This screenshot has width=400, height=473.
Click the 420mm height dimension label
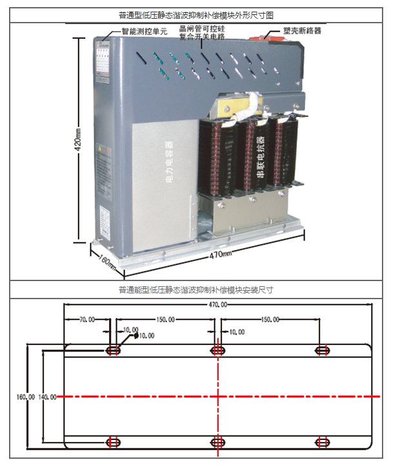(x=78, y=139)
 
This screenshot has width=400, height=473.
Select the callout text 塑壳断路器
(x=302, y=30)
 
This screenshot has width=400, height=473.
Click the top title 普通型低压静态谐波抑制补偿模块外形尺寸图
(x=196, y=15)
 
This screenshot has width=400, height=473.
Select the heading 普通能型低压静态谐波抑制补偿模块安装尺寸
(x=196, y=290)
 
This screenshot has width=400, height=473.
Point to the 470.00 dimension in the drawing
(x=217, y=304)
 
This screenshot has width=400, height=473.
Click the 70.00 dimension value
(x=87, y=319)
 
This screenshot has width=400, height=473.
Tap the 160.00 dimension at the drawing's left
(x=26, y=397)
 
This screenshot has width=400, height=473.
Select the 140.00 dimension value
(x=48, y=397)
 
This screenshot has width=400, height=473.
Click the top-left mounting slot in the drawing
(x=114, y=350)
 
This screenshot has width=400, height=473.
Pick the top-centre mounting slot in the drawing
(x=218, y=350)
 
